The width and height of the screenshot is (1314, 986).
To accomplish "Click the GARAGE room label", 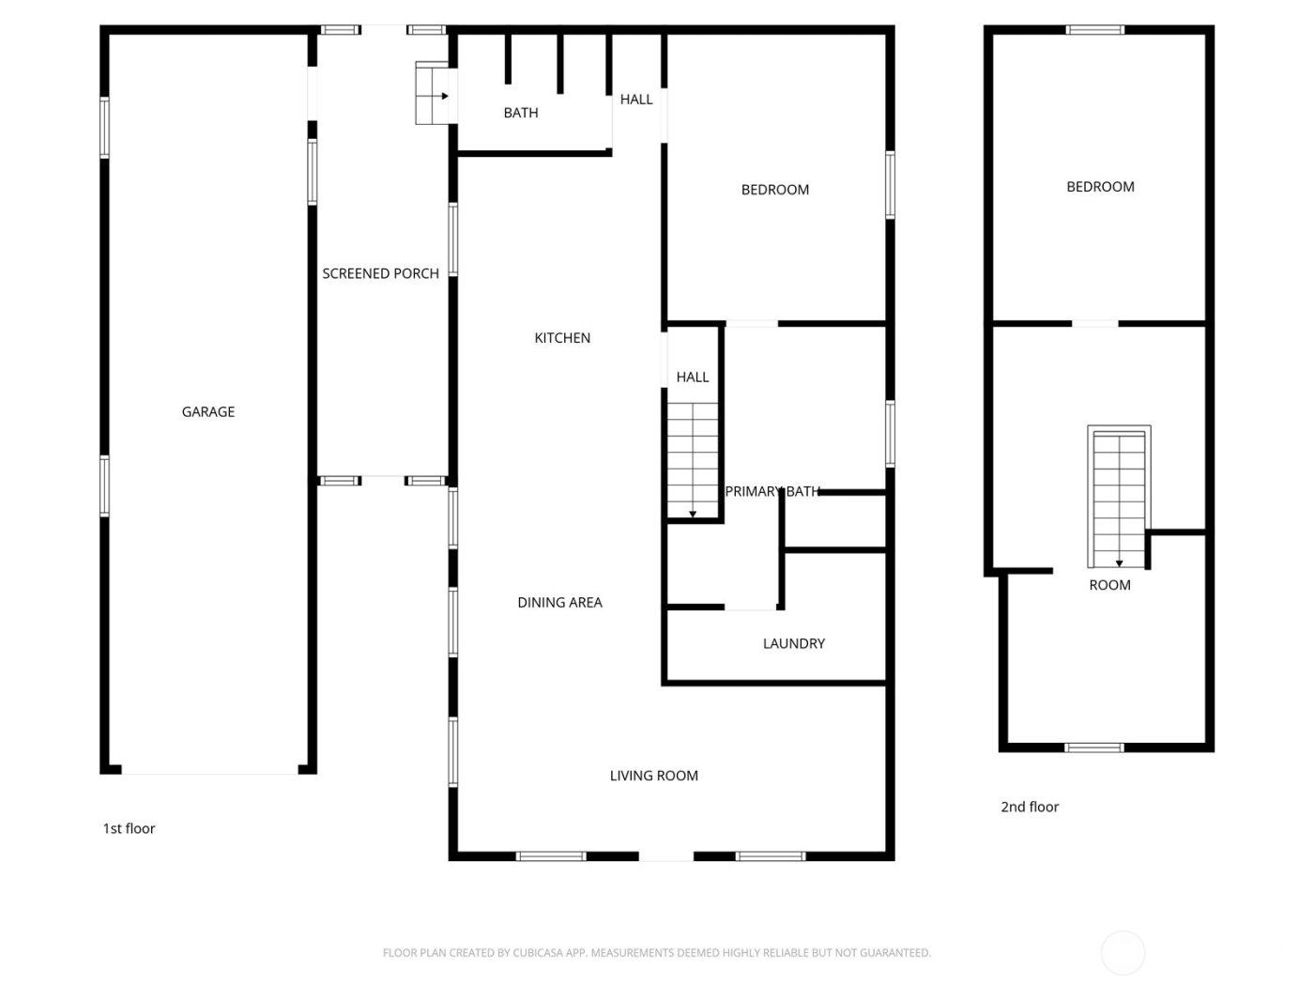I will (x=208, y=411).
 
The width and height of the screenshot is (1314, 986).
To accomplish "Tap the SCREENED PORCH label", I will (x=380, y=273).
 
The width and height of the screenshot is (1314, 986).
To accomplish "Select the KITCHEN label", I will (x=562, y=338).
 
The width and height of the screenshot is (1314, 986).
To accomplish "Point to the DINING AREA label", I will (x=559, y=602).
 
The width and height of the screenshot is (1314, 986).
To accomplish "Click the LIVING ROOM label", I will (x=653, y=776).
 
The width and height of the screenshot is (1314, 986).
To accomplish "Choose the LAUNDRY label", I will (x=793, y=643).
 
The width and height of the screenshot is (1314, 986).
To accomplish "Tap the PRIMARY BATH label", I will (x=772, y=491).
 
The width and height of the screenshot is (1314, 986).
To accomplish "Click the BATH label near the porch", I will (x=521, y=113).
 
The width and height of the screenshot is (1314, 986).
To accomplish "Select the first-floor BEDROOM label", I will (x=774, y=190).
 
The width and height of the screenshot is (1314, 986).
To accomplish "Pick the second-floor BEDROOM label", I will (x=1100, y=187).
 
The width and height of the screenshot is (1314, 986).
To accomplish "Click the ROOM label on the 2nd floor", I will (x=1109, y=585).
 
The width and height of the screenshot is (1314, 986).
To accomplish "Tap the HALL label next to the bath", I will (x=636, y=100).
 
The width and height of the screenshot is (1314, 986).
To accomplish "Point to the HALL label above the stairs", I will (x=693, y=377).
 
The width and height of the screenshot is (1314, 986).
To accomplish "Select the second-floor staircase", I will (x=1119, y=498).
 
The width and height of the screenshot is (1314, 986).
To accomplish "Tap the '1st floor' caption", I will (x=129, y=828).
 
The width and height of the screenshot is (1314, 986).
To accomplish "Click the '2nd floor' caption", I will (x=1030, y=807).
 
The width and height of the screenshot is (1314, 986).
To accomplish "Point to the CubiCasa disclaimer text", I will (x=656, y=952).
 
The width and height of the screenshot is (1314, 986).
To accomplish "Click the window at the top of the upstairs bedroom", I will (x=1094, y=30).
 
